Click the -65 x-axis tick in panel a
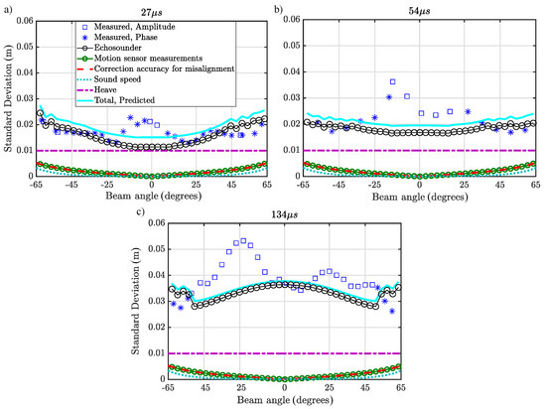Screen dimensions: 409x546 [36, 185]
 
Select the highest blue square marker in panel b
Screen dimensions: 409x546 [393, 81]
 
